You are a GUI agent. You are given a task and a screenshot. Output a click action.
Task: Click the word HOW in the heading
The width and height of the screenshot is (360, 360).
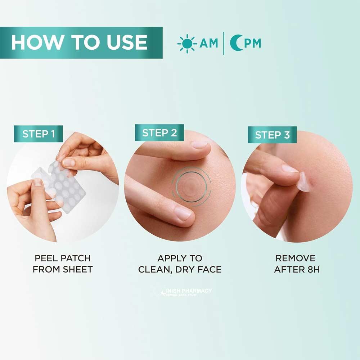pyautogui.click(x=34, y=42)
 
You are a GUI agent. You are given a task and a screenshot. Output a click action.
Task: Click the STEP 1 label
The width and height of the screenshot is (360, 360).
pyautogui.click(x=39, y=134)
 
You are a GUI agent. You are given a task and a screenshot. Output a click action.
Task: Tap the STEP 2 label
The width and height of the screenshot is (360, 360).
pyautogui.click(x=159, y=133)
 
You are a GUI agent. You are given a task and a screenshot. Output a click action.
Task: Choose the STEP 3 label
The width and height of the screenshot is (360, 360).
pyautogui.click(x=272, y=135)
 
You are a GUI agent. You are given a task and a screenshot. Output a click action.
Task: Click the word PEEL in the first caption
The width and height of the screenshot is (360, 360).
pyautogui.click(x=46, y=258)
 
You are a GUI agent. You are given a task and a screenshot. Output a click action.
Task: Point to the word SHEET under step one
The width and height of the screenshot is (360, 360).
pyautogui.click(x=77, y=269)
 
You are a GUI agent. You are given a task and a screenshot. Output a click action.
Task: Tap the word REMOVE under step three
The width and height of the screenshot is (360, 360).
pyautogui.click(x=295, y=258)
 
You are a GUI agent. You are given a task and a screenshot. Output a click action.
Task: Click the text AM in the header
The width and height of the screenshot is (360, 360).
pyautogui.click(x=209, y=43)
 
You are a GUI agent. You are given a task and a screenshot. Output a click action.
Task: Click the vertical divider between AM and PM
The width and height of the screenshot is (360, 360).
pyautogui.click(x=224, y=43)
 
